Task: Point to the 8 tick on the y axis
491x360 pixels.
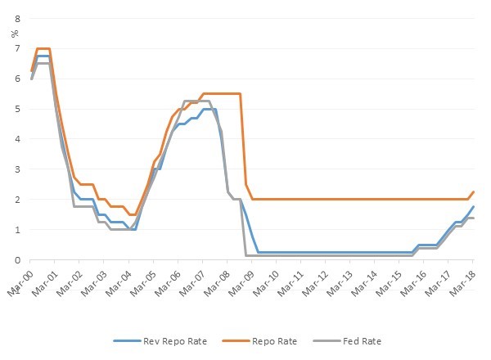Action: (17, 18)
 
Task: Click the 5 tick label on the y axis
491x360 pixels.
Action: (17, 109)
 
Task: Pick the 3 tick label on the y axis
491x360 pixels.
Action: (17, 169)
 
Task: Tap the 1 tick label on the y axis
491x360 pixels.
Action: (17, 230)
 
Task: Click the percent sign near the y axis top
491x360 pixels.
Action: (14, 34)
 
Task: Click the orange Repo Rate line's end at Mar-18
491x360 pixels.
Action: (474, 192)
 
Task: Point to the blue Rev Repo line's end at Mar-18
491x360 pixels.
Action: (474, 207)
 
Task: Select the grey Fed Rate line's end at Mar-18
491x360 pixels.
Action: (474, 218)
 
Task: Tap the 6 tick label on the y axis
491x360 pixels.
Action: (17, 79)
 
